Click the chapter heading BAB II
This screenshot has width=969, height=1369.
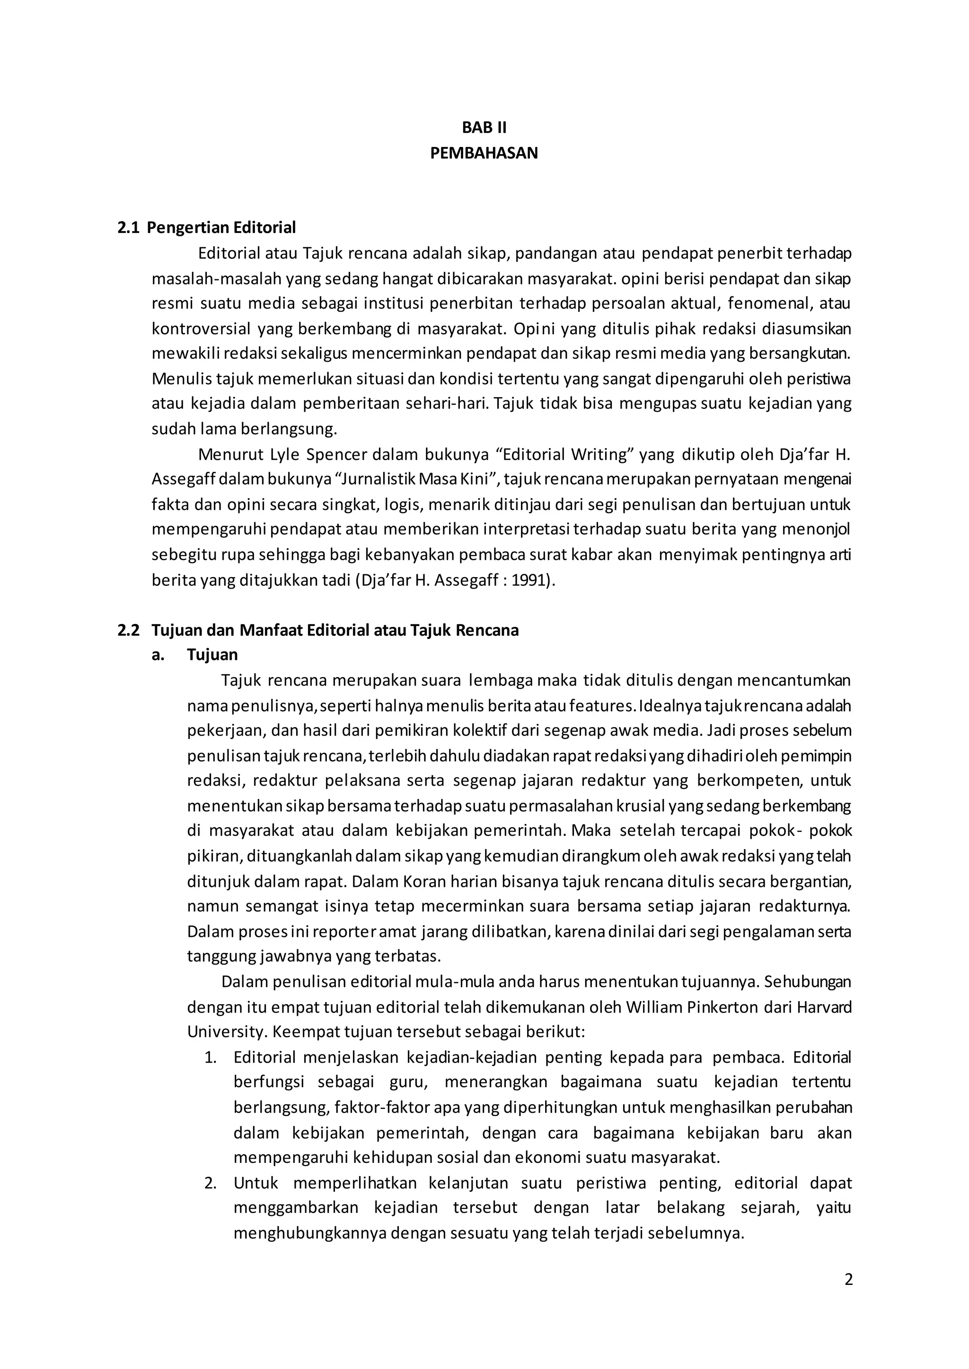pyautogui.click(x=484, y=128)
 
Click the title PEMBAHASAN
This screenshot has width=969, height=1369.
pyautogui.click(x=484, y=153)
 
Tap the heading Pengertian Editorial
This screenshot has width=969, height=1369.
pyautogui.click(x=221, y=227)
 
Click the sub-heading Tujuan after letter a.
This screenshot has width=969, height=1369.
pyautogui.click(x=212, y=655)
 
